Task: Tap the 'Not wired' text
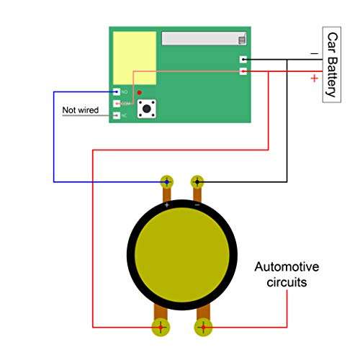click(81, 110)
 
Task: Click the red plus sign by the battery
click(314, 78)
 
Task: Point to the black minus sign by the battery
click(313, 53)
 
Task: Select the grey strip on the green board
click(204, 38)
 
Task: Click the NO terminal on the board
click(117, 92)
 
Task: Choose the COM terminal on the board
click(117, 104)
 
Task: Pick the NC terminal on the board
click(117, 115)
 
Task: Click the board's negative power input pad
click(243, 59)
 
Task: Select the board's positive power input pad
click(243, 71)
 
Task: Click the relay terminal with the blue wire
click(167, 182)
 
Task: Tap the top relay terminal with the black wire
click(197, 182)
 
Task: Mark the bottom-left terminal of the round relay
click(161, 328)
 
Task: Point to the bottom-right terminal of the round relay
click(203, 328)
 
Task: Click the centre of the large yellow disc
click(181, 256)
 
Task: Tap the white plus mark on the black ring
click(167, 205)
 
